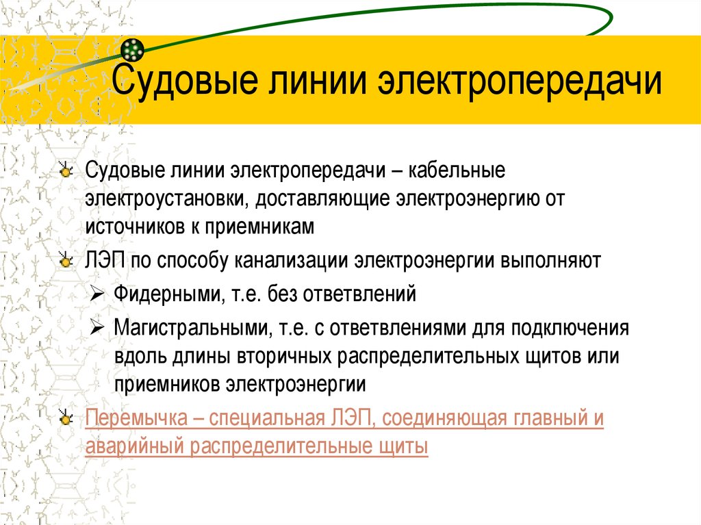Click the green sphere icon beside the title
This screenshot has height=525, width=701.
click(x=132, y=49)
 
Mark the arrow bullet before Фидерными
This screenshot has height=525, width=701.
click(x=97, y=295)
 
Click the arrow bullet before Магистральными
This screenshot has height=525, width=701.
click(x=97, y=327)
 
